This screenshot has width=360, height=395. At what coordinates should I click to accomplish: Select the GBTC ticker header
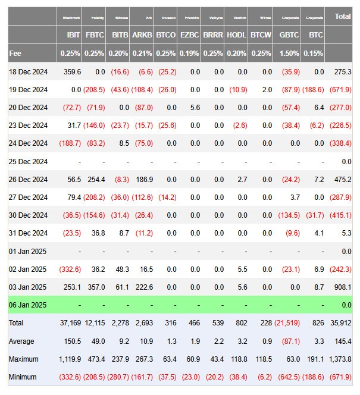click(289, 35)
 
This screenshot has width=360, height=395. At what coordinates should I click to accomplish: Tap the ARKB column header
click(141, 35)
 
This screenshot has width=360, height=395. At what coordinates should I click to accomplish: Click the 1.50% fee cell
click(289, 54)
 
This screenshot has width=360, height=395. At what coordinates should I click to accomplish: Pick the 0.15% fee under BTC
click(316, 54)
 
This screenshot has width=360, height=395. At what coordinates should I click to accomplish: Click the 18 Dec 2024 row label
click(28, 71)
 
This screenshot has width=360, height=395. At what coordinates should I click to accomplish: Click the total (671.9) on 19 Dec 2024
click(341, 90)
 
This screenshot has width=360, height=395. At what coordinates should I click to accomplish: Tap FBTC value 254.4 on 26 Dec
click(96, 180)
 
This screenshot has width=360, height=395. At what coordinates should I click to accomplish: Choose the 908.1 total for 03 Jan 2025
click(343, 287)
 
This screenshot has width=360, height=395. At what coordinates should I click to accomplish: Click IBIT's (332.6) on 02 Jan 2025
click(70, 269)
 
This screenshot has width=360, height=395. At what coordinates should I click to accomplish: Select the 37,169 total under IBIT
click(70, 323)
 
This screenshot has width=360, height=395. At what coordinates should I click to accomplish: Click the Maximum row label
click(24, 359)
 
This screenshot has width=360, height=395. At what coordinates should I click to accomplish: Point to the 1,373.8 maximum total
click(340, 359)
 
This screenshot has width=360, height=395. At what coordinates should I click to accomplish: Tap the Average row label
click(21, 341)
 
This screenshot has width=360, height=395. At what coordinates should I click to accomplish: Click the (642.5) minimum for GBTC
click(289, 377)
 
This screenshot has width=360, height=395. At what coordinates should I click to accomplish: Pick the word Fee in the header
click(15, 54)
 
